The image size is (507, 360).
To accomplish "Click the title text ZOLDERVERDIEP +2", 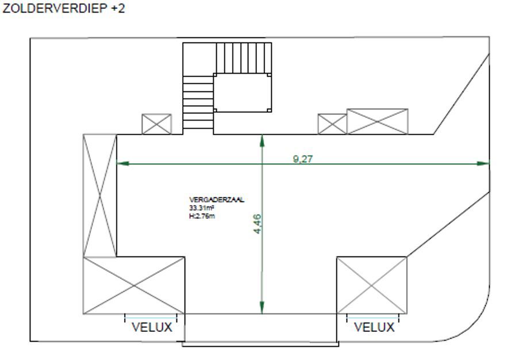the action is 64,9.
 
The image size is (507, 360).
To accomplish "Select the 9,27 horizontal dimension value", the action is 302,159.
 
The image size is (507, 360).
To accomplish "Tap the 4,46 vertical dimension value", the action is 258,224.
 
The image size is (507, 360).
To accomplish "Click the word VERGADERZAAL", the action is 217,200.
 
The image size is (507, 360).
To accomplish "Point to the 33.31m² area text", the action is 202,208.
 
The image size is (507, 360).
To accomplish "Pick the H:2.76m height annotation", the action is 202,216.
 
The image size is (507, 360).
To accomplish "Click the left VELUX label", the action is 152,327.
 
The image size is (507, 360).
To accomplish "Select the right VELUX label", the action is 374,327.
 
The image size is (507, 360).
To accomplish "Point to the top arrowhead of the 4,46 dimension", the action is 262,141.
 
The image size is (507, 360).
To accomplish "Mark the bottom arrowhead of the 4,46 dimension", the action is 262,307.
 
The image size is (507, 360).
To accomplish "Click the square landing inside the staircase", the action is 242,93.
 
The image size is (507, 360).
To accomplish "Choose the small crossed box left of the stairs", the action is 156,124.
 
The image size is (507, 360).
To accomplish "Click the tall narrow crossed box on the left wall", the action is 100,196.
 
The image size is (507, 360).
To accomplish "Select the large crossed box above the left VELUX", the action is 134,285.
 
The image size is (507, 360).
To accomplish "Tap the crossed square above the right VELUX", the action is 372,285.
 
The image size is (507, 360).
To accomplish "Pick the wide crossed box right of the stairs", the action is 377,121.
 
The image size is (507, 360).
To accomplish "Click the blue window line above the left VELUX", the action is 151,318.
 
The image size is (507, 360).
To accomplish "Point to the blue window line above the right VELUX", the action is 373,318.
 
